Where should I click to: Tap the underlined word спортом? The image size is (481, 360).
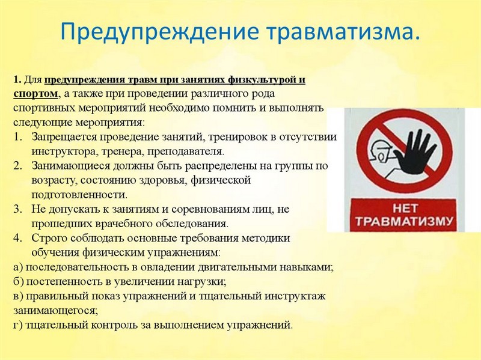tap(35, 94)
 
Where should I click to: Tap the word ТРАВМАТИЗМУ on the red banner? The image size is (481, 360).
tap(404, 221)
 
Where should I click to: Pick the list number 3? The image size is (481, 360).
tap(17, 209)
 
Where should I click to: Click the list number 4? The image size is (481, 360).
tap(17, 238)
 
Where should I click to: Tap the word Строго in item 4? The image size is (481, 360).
tap(48, 239)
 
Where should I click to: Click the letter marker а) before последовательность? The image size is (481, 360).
tap(18, 267)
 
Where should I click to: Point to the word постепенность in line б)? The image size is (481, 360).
tap(63, 281)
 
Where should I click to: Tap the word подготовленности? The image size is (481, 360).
tap(79, 195)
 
